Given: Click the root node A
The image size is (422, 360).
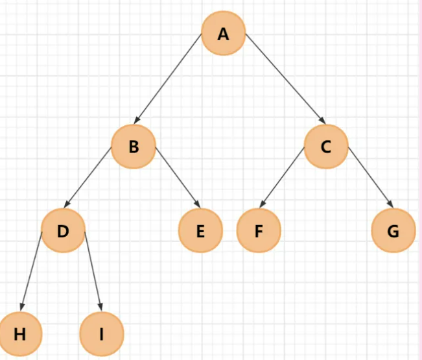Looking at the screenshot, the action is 224,34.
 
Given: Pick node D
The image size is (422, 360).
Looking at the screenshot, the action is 63,230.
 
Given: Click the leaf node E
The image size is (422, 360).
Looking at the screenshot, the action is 200,230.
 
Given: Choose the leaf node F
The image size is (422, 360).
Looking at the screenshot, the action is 259,230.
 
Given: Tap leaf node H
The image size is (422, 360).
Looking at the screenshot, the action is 20,334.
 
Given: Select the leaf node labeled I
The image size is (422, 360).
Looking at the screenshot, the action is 101,334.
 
